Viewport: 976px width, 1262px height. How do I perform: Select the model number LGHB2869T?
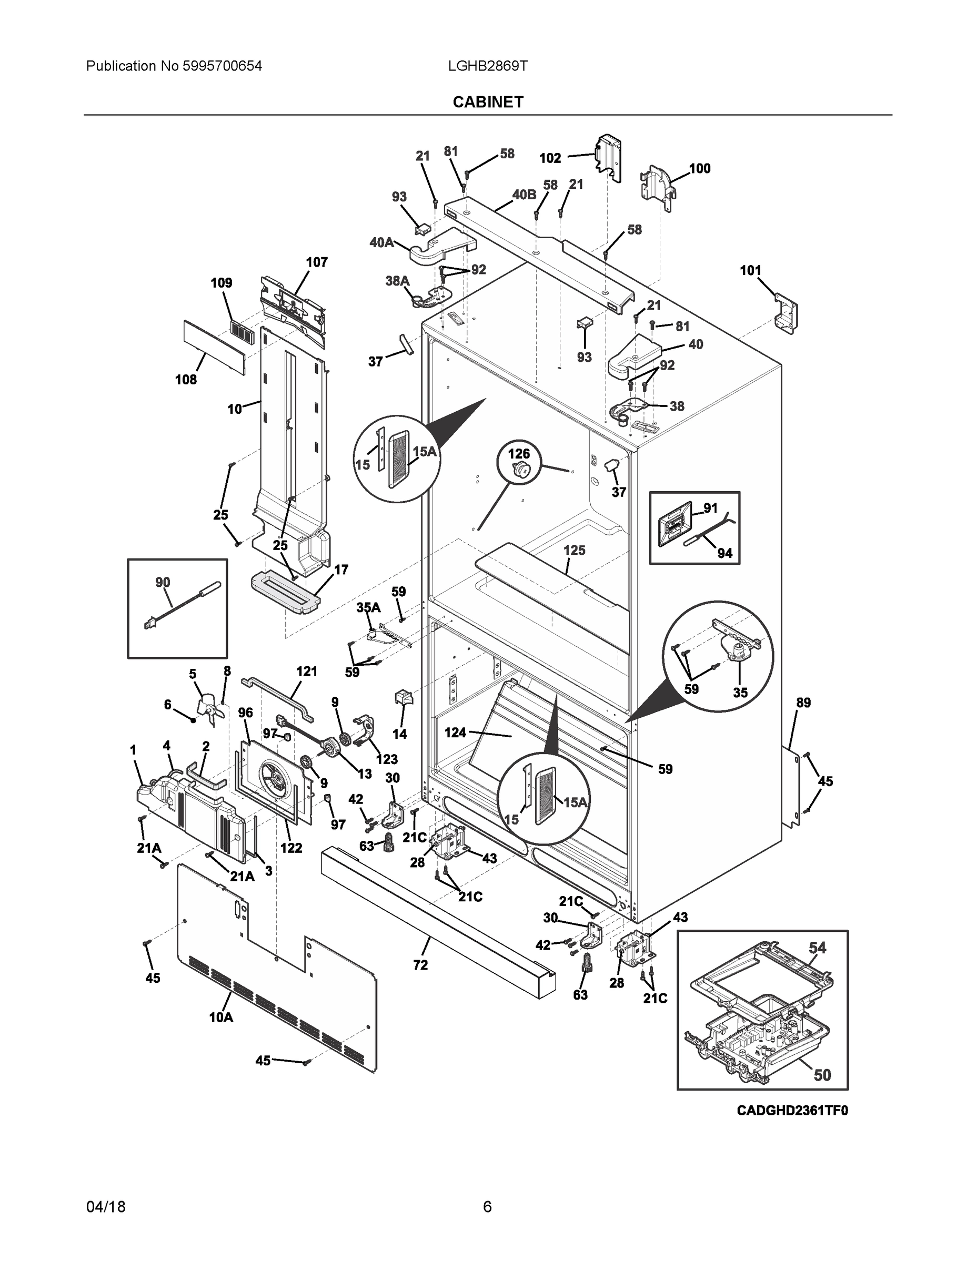(x=487, y=66)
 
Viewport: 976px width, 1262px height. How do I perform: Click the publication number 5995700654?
(x=222, y=66)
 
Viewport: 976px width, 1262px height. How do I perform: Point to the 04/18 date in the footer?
(x=106, y=1207)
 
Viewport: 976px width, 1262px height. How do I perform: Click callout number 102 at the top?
(x=550, y=158)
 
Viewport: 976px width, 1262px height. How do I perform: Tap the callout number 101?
(x=750, y=270)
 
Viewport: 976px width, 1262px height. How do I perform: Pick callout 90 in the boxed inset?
(x=163, y=583)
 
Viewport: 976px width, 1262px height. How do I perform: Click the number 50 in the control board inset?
(x=822, y=1075)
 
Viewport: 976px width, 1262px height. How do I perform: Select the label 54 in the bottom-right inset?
(x=817, y=948)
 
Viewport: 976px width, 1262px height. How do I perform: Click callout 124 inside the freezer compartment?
(x=455, y=732)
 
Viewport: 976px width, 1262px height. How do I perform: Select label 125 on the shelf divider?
(x=574, y=550)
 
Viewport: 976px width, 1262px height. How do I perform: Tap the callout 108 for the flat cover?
(x=186, y=380)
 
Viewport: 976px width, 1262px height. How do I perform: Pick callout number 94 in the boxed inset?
(x=725, y=553)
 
